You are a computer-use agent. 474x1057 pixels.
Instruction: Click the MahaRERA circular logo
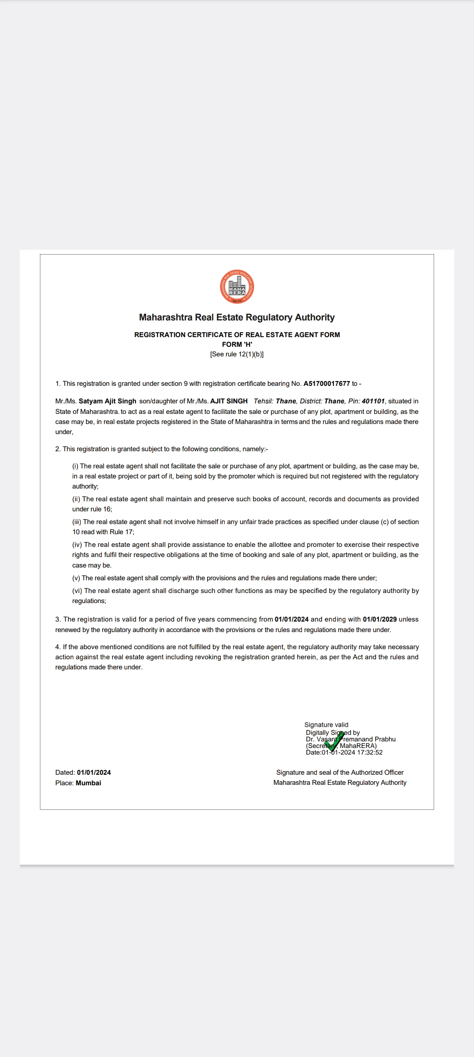[x=237, y=287]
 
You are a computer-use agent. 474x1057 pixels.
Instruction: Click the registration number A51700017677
[x=327, y=384]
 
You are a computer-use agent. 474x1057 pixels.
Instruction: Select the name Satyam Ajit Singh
[x=108, y=401]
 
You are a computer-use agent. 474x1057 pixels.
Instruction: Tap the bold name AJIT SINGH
[x=229, y=401]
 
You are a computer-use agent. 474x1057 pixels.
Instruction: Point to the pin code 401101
[x=373, y=401]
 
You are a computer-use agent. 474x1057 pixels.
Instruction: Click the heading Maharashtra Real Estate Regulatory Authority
[x=237, y=317]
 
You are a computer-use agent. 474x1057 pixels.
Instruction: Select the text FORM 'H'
[x=237, y=345]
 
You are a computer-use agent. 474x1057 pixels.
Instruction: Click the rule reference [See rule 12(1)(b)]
[x=237, y=354]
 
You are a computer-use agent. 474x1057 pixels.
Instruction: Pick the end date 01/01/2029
[x=380, y=619]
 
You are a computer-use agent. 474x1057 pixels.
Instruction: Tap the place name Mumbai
[x=88, y=783]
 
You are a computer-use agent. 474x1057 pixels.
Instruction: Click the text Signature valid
[x=326, y=725]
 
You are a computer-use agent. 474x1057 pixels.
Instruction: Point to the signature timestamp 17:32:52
[x=370, y=752]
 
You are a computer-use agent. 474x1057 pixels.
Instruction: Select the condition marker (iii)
[x=77, y=522]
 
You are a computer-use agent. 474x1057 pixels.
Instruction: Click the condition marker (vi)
[x=77, y=591]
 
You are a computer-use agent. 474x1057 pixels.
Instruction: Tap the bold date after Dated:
[x=94, y=773]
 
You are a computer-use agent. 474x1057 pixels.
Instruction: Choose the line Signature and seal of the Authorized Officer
[x=340, y=773]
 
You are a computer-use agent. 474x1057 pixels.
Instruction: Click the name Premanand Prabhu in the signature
[x=368, y=739]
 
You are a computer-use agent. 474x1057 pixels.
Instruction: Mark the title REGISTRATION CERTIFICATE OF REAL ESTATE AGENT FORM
[x=237, y=335]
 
